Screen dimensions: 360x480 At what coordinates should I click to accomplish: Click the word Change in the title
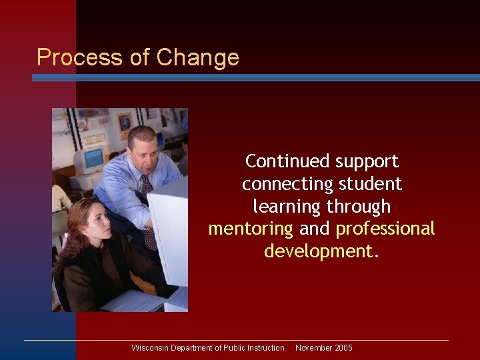tap(198, 57)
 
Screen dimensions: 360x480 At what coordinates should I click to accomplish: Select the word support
tap(367, 161)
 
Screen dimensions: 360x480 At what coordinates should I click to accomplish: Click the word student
tap(371, 184)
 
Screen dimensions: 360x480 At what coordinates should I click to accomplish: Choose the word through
tap(361, 207)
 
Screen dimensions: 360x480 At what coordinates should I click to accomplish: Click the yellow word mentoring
tap(251, 229)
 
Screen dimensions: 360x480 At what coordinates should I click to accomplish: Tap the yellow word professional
tap(385, 229)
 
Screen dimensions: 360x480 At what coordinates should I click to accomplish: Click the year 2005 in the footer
tap(343, 348)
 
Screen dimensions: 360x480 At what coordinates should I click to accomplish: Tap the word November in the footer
tap(313, 348)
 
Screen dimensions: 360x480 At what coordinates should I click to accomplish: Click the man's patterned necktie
tap(148, 207)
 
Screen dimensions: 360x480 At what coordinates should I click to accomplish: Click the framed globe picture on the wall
tap(125, 121)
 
